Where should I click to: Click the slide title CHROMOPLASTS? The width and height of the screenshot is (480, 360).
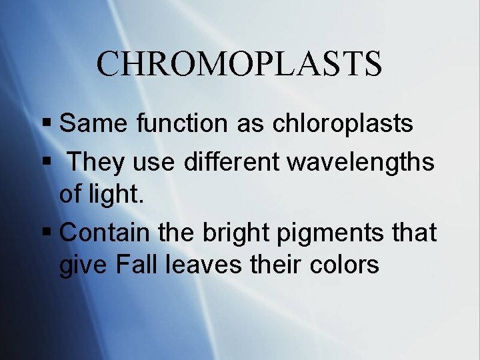click(239, 64)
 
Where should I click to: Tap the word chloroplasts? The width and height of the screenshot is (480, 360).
click(341, 123)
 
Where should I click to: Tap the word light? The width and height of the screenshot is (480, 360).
click(115, 195)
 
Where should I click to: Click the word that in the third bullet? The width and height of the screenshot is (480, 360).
click(414, 233)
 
